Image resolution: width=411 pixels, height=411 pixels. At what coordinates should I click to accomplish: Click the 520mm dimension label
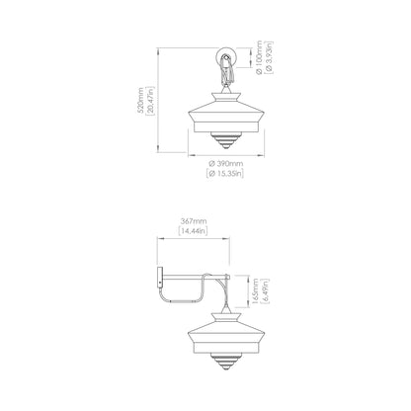[x=140, y=100]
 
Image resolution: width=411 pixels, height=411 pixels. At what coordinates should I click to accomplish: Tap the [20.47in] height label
[x=150, y=100]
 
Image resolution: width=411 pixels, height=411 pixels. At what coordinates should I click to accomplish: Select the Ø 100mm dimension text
[x=259, y=57]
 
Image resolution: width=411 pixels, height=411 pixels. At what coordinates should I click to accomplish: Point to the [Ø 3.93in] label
[x=269, y=57]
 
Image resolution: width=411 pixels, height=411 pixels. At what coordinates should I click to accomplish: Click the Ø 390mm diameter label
[x=226, y=163]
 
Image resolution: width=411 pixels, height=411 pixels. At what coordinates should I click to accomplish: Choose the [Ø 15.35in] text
[x=226, y=173]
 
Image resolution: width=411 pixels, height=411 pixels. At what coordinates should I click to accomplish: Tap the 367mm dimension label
[x=194, y=221]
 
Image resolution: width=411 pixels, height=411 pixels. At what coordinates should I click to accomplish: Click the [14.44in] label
[x=194, y=231]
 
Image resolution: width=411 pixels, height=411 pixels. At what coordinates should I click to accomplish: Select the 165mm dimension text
[x=255, y=291]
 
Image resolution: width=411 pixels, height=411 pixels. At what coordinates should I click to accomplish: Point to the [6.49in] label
[x=266, y=291]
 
